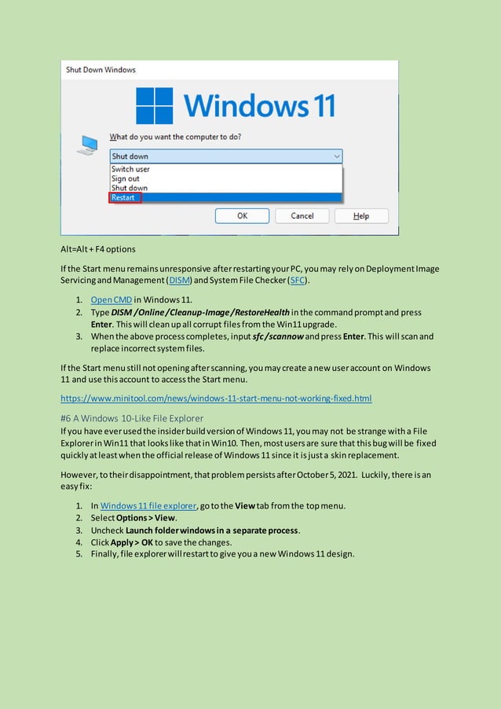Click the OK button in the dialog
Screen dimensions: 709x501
[x=242, y=216]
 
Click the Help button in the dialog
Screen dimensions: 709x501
[x=360, y=216]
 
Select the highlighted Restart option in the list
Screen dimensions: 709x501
[x=124, y=198]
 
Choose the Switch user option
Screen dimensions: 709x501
[x=130, y=169]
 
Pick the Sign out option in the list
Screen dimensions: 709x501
[x=125, y=178]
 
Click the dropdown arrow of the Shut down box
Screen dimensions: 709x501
[x=336, y=156]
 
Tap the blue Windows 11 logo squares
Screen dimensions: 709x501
[x=154, y=105]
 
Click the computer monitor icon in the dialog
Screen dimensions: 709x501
[x=88, y=145]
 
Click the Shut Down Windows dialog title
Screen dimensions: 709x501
[x=101, y=70]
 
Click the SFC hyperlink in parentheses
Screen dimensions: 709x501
[x=298, y=281]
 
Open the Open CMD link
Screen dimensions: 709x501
[x=112, y=300]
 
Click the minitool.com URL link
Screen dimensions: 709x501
[x=216, y=399]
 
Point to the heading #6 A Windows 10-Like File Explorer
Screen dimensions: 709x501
[x=132, y=418]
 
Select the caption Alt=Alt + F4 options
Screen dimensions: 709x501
[x=98, y=249]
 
